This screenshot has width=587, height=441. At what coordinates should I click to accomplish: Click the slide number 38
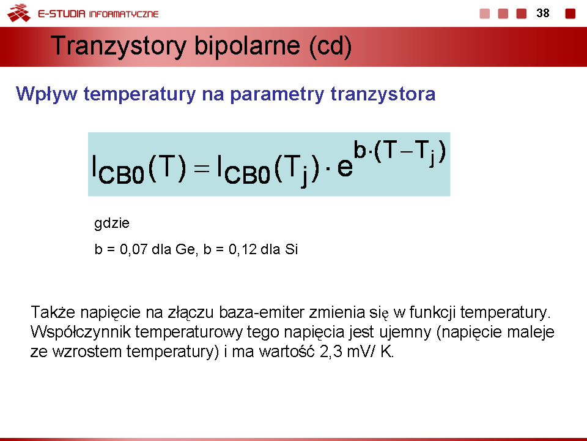click(x=543, y=13)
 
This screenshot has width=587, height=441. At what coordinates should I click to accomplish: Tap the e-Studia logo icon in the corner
click(x=19, y=13)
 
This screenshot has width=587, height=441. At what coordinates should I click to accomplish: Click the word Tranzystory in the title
click(x=118, y=47)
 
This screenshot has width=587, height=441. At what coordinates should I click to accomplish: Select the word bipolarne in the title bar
click(x=247, y=47)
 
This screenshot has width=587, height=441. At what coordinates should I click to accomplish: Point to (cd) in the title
click(x=331, y=47)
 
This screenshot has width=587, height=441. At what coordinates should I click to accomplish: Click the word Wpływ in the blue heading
click(x=46, y=94)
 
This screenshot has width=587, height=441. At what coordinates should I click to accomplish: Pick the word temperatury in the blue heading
click(x=139, y=94)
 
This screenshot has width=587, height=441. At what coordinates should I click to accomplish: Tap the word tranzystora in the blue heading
click(x=383, y=94)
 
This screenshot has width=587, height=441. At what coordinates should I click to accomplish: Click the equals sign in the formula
click(x=201, y=168)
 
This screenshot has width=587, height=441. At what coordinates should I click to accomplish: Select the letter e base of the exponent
click(x=345, y=167)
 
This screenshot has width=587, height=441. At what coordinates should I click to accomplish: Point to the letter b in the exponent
click(x=360, y=149)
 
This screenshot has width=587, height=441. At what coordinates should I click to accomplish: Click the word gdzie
click(x=111, y=224)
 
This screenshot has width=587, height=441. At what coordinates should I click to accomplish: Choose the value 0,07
click(x=134, y=249)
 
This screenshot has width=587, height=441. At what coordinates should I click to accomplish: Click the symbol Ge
click(x=186, y=249)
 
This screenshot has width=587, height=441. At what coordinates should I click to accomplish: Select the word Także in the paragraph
click(x=53, y=312)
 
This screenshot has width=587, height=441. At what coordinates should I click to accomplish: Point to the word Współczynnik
click(x=81, y=332)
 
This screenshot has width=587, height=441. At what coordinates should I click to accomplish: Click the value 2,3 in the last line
click(x=331, y=352)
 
